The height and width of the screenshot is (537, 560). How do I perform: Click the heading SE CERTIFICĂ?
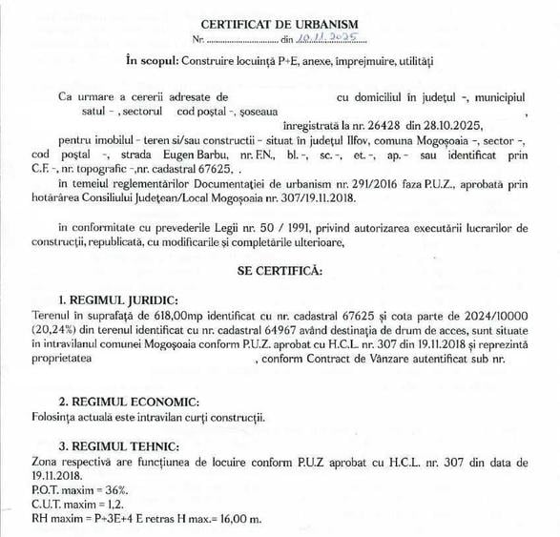(280, 271)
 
